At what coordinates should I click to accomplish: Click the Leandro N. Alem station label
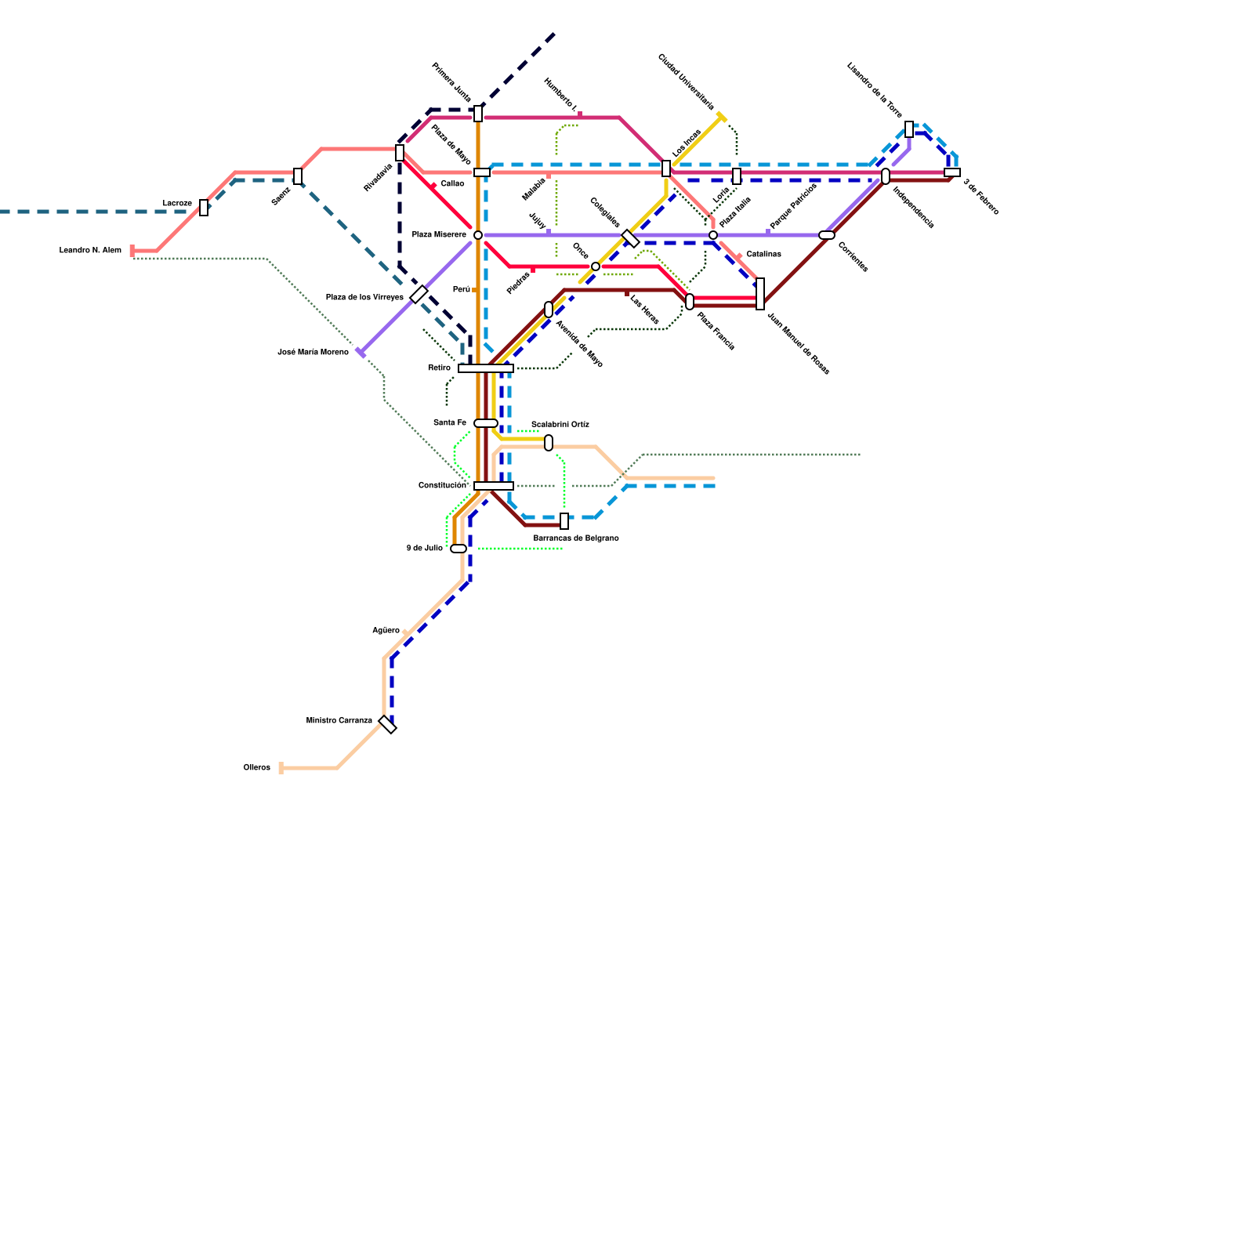click(90, 251)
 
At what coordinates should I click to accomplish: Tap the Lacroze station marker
click(204, 208)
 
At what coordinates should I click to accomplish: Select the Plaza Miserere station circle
click(478, 235)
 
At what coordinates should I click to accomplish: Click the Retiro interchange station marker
click(486, 368)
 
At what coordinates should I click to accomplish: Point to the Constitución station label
click(442, 486)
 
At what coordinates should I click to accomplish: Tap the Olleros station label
click(257, 768)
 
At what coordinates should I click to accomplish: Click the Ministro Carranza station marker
click(388, 725)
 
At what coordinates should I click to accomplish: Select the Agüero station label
click(386, 631)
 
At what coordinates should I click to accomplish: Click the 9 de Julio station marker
click(458, 549)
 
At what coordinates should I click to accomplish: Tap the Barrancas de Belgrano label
click(576, 538)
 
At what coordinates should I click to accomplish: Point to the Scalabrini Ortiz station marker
click(549, 443)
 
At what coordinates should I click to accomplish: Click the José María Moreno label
click(313, 353)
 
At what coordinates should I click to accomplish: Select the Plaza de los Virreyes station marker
click(419, 295)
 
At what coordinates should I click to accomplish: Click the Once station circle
click(596, 266)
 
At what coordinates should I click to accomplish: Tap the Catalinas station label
click(763, 255)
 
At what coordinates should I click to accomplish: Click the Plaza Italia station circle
click(713, 235)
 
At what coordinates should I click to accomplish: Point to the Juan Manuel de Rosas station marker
click(760, 294)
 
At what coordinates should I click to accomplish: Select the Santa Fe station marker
click(486, 423)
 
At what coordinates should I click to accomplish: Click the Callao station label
click(452, 184)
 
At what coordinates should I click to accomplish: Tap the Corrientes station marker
click(827, 235)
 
